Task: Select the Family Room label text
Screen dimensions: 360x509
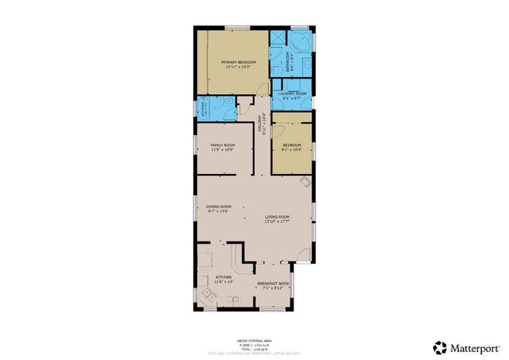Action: point(223,145)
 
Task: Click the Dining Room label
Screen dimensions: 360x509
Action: point(218,207)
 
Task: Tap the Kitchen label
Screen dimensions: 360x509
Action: point(223,277)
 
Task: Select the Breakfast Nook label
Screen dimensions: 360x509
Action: point(273,282)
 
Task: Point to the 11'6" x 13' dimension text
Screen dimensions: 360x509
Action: point(223,281)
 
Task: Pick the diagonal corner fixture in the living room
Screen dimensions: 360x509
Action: point(305,182)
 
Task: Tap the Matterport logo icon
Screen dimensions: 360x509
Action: point(439,346)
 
